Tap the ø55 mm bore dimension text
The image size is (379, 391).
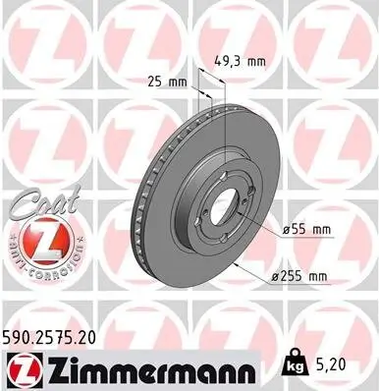(x=305, y=229)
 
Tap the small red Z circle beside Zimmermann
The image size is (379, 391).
(x=22, y=368)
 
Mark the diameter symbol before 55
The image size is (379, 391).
(x=287, y=229)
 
